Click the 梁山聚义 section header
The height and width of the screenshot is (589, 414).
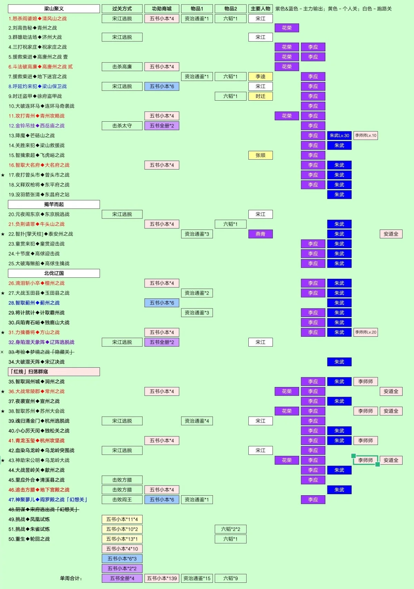(x=54, y=9)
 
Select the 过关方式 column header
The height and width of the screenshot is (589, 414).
(x=122, y=9)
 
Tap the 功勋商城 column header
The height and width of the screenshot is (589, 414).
(x=161, y=9)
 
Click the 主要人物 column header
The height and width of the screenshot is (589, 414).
(x=260, y=9)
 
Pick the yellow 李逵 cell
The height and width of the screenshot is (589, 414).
(x=260, y=77)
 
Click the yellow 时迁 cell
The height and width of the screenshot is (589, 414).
(x=260, y=96)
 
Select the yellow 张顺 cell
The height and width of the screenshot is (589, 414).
(x=260, y=155)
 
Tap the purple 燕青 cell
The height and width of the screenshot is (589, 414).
(x=260, y=234)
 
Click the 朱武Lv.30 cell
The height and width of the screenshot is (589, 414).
(x=339, y=135)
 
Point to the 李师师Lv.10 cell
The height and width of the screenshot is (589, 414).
(x=366, y=135)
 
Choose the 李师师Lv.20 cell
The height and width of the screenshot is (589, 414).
(x=366, y=332)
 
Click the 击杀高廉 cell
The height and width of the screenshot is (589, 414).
(x=122, y=67)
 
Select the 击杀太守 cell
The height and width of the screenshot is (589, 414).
(x=122, y=126)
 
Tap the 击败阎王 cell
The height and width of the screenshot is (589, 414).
(x=122, y=499)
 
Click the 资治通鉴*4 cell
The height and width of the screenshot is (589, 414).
(x=197, y=421)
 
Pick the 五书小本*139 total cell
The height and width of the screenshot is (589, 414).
(x=161, y=578)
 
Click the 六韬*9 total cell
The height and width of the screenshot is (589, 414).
(x=230, y=578)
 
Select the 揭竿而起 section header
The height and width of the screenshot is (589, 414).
(x=54, y=204)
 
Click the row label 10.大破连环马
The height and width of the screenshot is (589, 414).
(x=41, y=106)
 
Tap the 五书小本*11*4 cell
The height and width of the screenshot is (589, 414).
(x=122, y=519)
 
